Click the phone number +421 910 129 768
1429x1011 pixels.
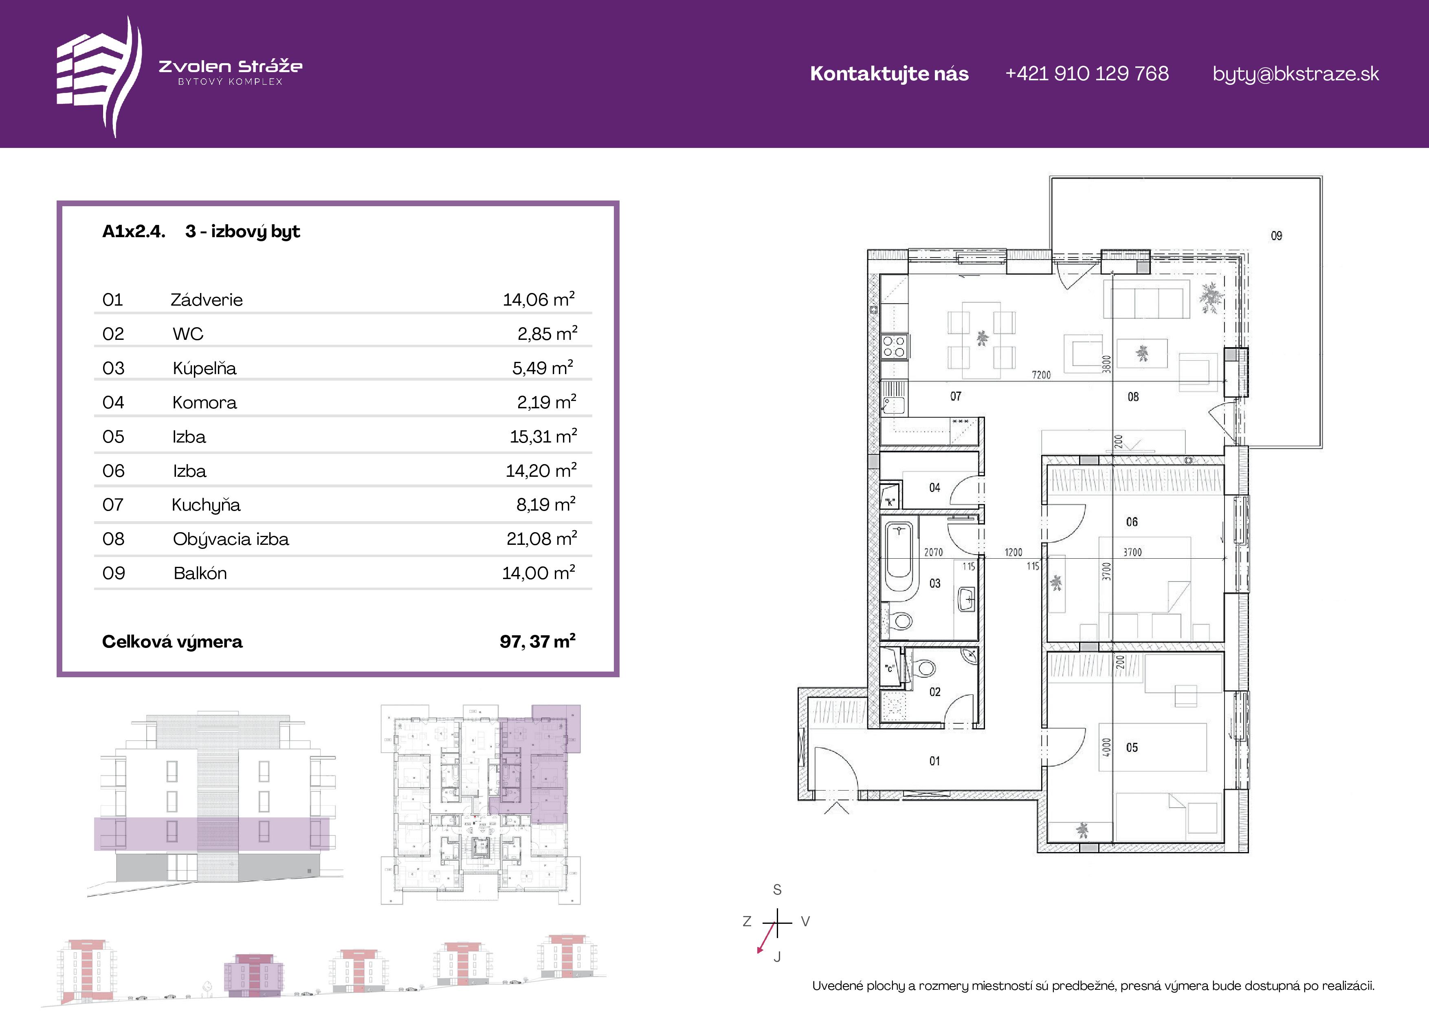[x=1087, y=73]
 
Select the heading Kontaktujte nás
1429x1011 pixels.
[x=889, y=73]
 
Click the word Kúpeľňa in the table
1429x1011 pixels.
[x=205, y=368]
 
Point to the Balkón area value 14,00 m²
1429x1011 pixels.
[x=539, y=572]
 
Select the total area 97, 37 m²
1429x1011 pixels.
[x=538, y=641]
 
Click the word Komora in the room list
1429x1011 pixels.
[x=205, y=402]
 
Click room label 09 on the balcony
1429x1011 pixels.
[x=1277, y=235]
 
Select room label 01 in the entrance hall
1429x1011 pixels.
[x=935, y=761]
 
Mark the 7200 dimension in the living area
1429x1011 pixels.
[x=1041, y=375]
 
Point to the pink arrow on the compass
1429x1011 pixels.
[x=766, y=938]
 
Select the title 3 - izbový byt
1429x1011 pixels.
[x=243, y=231]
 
